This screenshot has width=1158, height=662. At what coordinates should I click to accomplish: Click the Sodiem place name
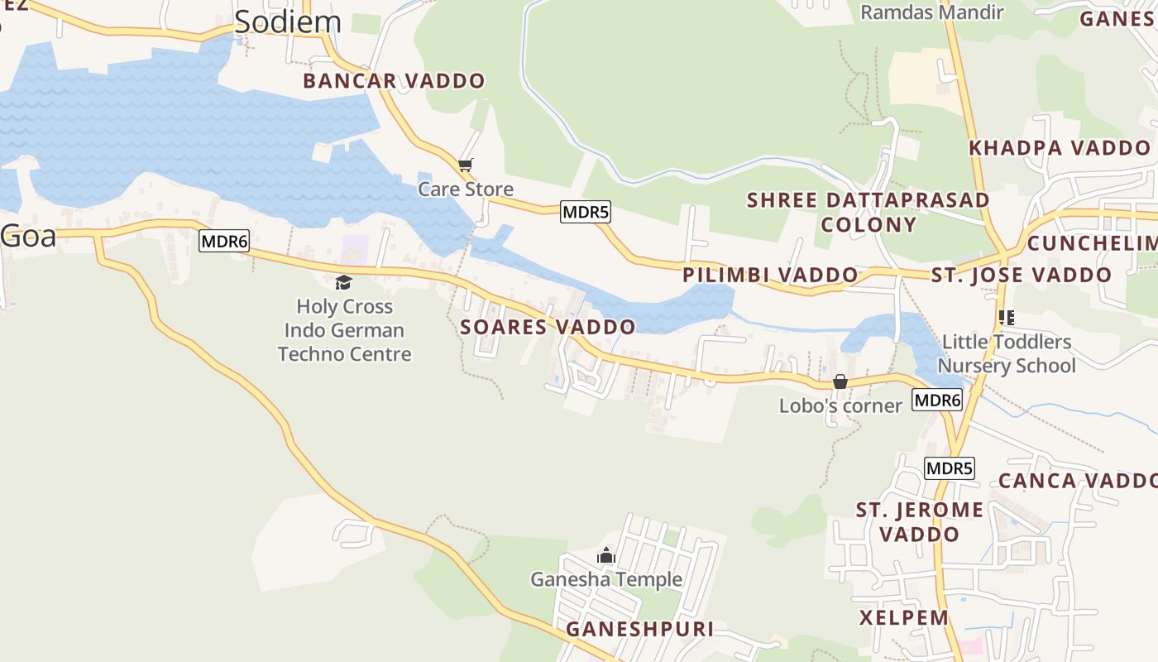click(x=287, y=22)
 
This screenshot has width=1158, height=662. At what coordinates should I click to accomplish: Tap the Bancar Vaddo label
click(x=394, y=81)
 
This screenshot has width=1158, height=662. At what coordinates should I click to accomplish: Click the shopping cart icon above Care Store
click(x=466, y=165)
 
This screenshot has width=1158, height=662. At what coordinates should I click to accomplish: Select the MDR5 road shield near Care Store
click(x=586, y=212)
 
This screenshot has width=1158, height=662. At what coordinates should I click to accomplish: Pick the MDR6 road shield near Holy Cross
click(x=224, y=242)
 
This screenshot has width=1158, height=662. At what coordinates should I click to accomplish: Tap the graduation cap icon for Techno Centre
click(x=344, y=283)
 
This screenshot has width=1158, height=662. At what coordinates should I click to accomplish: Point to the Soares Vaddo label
click(x=548, y=327)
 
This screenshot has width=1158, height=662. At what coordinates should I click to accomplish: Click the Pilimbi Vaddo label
click(x=770, y=275)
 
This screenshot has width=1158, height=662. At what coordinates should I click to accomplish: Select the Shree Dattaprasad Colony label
click(x=868, y=212)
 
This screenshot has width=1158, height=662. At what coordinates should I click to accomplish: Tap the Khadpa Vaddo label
click(x=1060, y=148)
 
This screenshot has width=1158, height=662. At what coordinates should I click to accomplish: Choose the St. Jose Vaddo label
click(x=1022, y=275)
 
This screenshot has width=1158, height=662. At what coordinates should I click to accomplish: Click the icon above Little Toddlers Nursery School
click(x=1007, y=318)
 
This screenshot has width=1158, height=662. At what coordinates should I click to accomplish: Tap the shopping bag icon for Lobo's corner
click(x=840, y=381)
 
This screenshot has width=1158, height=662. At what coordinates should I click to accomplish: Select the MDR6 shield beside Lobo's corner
click(x=937, y=401)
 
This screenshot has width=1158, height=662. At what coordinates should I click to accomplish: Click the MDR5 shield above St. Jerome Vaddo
click(x=949, y=468)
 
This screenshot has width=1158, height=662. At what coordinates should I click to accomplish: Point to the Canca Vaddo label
click(x=1077, y=481)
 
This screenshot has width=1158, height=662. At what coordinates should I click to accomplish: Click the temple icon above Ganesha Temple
click(x=606, y=555)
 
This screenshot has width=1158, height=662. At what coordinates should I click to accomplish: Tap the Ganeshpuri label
click(x=639, y=630)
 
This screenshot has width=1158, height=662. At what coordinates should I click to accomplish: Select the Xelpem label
click(x=903, y=618)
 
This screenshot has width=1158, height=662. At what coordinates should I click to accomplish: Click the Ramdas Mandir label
click(x=931, y=12)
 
